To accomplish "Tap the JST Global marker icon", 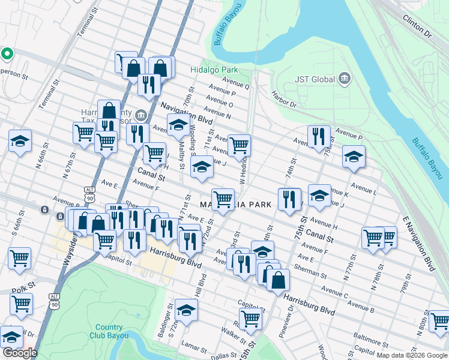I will point(345,79).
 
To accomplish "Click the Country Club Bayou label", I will point(109,331).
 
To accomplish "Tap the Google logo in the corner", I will point(20,353).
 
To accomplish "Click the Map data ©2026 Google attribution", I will point(411,355).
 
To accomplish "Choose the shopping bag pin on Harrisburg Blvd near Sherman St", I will point(278,279).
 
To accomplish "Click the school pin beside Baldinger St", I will point(186,310).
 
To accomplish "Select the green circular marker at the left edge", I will point(7,55).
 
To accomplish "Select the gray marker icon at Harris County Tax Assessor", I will point(140,114).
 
